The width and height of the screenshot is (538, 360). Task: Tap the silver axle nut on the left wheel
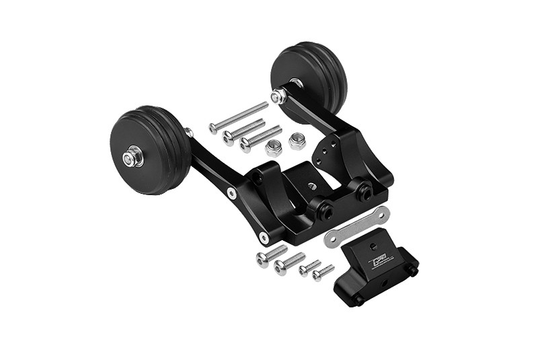(132, 157)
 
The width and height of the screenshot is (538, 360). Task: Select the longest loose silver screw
(239, 117)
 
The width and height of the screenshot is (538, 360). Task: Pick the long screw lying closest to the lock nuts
(260, 137)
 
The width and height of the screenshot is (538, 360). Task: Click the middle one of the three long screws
(243, 131)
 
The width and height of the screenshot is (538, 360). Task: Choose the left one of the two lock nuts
(273, 148)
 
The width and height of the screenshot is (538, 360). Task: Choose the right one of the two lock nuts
(297, 141)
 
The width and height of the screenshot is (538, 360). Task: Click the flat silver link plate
(356, 227)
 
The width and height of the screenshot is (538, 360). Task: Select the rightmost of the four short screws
(323, 273)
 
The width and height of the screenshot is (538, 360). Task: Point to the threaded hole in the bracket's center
(313, 184)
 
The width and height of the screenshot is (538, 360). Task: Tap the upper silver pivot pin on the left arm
(232, 193)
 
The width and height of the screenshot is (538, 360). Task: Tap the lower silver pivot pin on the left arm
(264, 238)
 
